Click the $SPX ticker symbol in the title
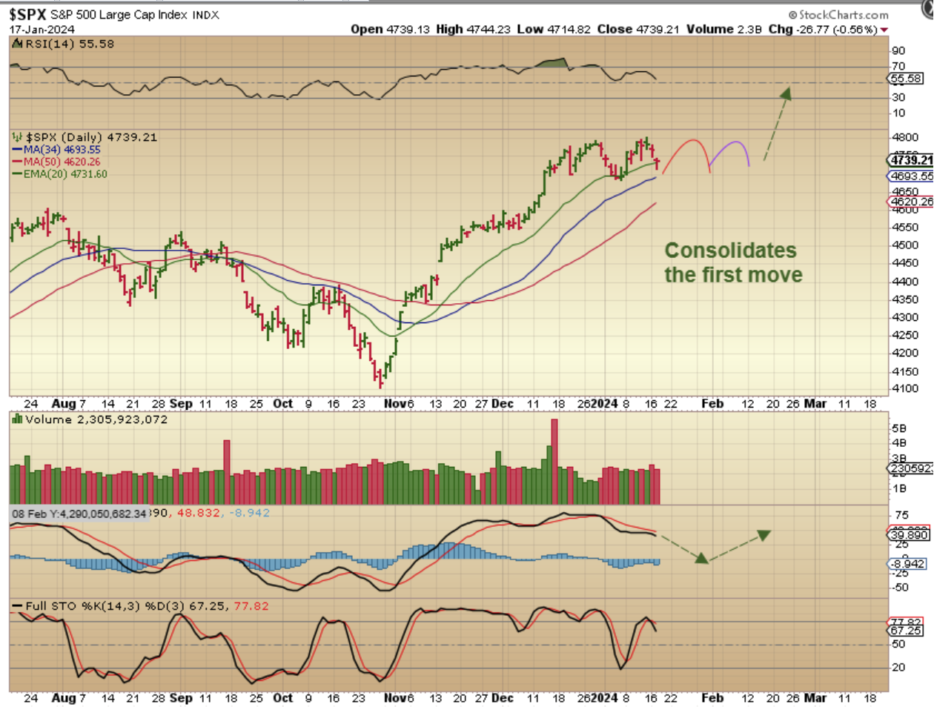[27, 14]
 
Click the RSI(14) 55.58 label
[70, 44]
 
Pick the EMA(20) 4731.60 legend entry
[64, 174]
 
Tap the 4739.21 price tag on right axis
[911, 160]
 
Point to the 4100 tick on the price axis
[904, 388]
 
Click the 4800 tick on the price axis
[904, 137]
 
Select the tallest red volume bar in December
[554, 461]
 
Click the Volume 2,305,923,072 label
[96, 419]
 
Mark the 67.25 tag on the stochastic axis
[905, 631]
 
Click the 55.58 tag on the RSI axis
[906, 79]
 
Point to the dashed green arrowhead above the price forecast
[786, 94]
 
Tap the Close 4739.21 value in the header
[637, 29]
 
